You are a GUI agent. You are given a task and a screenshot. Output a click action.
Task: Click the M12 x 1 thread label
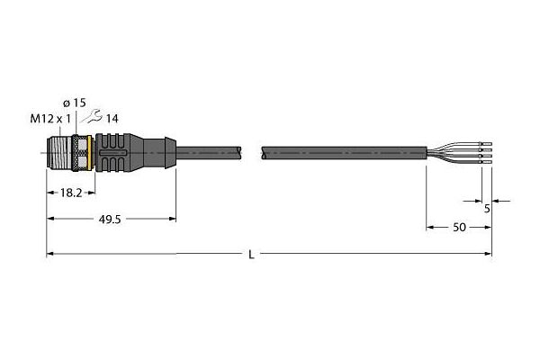click(50, 119)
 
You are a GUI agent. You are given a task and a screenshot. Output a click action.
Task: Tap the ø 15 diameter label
click(75, 103)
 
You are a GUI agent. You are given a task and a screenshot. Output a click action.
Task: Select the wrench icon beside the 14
click(91, 116)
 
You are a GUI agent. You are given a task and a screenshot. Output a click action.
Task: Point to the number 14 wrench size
click(112, 119)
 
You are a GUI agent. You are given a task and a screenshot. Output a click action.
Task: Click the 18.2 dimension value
click(71, 193)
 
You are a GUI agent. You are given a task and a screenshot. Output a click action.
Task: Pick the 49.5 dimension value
click(110, 220)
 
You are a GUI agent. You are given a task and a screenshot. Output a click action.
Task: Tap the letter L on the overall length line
click(251, 255)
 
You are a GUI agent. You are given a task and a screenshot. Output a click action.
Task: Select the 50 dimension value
click(459, 228)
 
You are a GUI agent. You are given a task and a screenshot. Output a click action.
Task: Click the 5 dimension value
click(487, 209)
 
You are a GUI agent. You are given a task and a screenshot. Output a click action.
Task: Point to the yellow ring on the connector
click(89, 153)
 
